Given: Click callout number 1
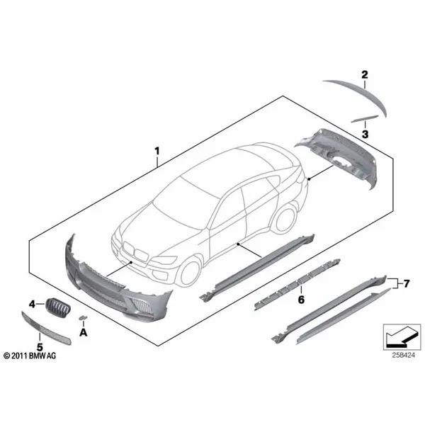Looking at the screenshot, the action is [x=157, y=151].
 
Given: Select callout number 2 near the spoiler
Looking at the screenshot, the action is [x=365, y=74].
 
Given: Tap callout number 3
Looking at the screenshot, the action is [x=365, y=134].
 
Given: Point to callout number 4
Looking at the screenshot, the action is [x=33, y=305].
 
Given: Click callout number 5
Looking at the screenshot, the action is [x=40, y=347].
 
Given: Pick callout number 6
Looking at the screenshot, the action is [x=301, y=300].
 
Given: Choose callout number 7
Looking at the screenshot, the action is [x=406, y=284].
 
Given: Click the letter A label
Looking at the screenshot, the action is [x=83, y=332].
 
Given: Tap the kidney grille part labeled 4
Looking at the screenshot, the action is [x=58, y=307].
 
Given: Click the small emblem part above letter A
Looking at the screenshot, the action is [x=82, y=317].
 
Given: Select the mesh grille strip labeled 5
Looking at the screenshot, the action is [x=46, y=329].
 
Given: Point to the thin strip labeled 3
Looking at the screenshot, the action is [x=365, y=119].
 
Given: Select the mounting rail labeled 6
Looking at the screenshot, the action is [x=297, y=285].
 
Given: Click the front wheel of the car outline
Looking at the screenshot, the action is [x=190, y=271].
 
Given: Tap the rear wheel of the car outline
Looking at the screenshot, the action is [x=285, y=219].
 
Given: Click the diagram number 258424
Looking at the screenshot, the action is [x=403, y=355].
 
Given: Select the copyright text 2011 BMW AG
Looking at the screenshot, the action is [x=30, y=356].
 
